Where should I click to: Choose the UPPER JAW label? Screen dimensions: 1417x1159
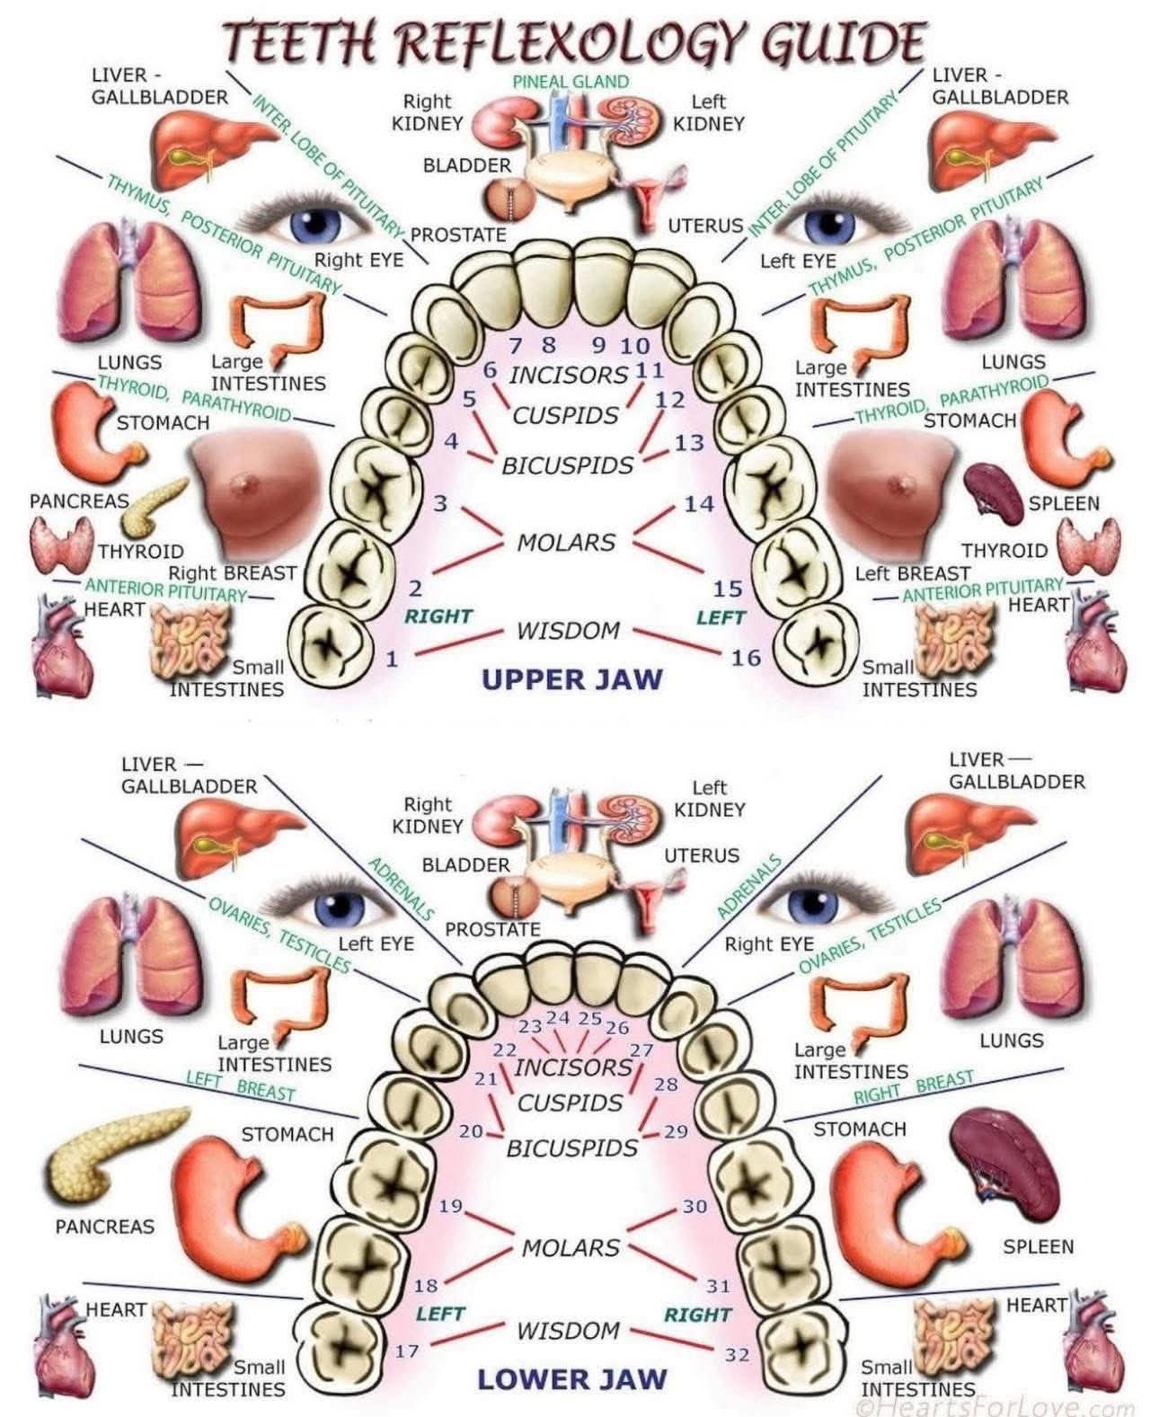[x=571, y=679]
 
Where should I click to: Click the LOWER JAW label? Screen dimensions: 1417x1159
[x=571, y=1379]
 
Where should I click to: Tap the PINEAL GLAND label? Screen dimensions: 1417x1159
[x=571, y=81]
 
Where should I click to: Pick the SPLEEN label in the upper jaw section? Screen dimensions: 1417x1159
[x=1064, y=503]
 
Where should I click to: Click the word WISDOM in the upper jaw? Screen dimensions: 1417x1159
[x=568, y=631]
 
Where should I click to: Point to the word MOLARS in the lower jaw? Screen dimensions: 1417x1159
[x=571, y=1247]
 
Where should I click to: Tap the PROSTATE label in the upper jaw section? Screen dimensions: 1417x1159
[x=458, y=235]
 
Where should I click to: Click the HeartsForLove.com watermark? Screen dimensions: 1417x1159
[x=997, y=1407]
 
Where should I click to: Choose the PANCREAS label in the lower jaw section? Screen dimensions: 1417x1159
[x=105, y=1226]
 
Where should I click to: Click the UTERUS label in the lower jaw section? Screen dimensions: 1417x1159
[x=702, y=855]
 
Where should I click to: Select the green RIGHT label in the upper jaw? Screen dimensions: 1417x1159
[x=438, y=616]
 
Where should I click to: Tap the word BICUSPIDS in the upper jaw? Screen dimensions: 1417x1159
[x=567, y=466]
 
